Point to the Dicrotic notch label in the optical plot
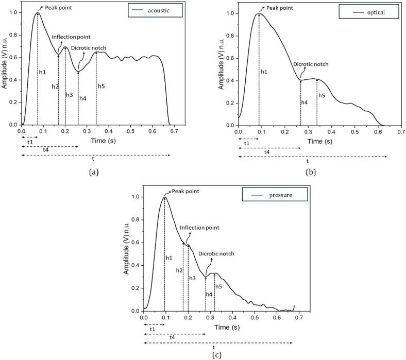pyautogui.click(x=310, y=65)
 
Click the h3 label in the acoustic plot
pyautogui.click(x=69, y=95)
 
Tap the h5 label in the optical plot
pyautogui.click(x=322, y=95)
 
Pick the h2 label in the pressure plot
pyautogui.click(x=179, y=270)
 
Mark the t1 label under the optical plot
pyautogui.click(x=246, y=143)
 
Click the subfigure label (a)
pyautogui.click(x=93, y=172)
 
